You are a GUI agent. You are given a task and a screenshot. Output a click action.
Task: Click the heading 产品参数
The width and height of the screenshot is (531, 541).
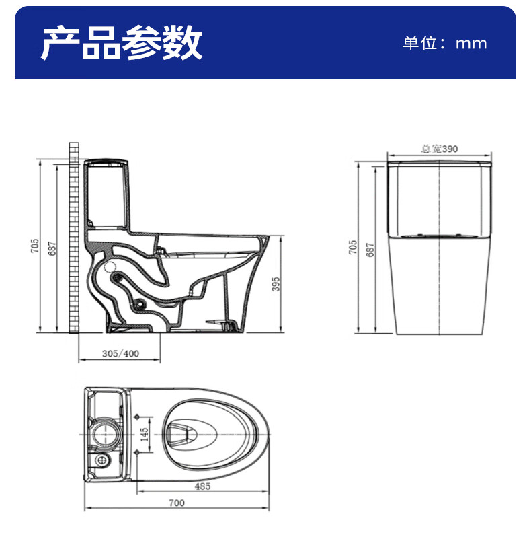tap(121, 44)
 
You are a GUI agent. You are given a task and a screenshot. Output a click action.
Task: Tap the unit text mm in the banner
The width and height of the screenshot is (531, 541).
tap(471, 44)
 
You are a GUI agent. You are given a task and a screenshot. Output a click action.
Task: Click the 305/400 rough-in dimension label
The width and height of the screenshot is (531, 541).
tap(120, 355)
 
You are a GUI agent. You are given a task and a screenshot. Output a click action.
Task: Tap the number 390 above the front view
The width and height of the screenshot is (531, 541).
tap(448, 149)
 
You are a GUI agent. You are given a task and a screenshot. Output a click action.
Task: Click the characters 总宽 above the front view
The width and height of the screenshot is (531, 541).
tap(429, 149)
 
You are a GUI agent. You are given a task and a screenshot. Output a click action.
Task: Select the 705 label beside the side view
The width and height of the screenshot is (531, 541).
tap(34, 246)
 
